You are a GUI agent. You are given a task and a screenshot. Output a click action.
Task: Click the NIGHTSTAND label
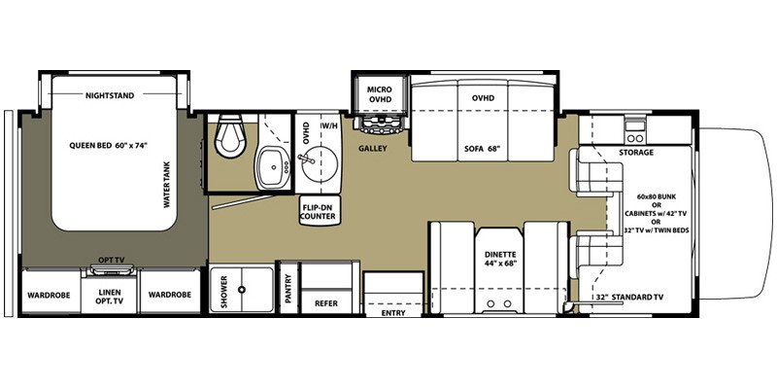point(110,96)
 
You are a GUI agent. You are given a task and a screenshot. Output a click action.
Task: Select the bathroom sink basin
point(269,167)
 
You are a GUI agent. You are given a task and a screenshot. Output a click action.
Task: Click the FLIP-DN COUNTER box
point(318,212)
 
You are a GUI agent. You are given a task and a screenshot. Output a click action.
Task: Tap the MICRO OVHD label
point(378,94)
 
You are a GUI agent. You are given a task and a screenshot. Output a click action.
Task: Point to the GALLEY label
point(373,150)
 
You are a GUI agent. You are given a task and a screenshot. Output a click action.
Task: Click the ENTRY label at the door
point(392,314)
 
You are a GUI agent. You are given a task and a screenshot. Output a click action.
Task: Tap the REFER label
point(325,302)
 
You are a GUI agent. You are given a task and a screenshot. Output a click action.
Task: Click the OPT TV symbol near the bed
point(110,262)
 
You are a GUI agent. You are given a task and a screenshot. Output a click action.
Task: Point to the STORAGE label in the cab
point(635,153)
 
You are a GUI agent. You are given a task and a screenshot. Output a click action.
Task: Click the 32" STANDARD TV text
point(633,297)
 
